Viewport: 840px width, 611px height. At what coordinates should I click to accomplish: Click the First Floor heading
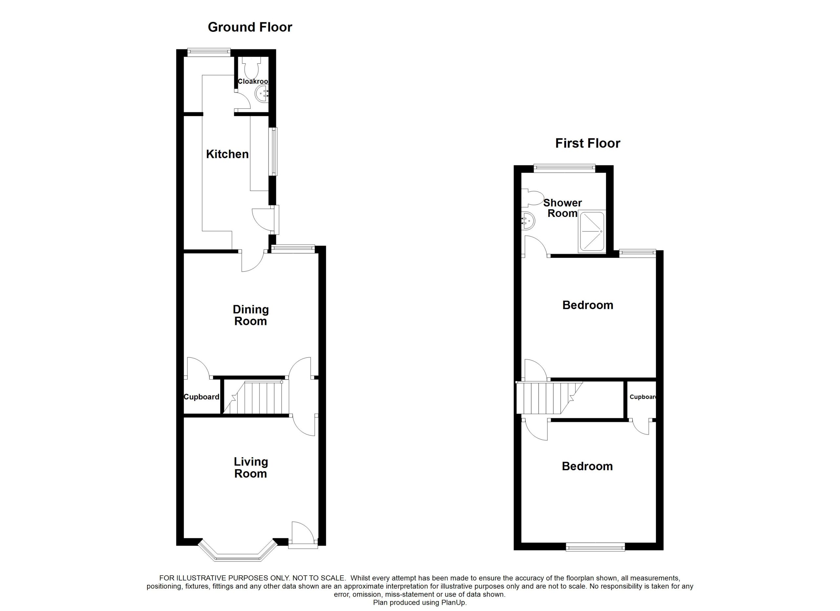tap(587, 143)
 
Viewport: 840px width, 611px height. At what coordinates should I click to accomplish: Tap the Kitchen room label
tap(227, 154)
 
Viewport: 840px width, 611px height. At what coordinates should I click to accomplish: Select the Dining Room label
tap(250, 315)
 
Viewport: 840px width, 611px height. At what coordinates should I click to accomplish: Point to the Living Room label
tap(250, 467)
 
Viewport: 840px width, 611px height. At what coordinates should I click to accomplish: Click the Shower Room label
tap(562, 208)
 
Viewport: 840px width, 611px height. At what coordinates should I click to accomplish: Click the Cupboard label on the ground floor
tap(201, 397)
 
